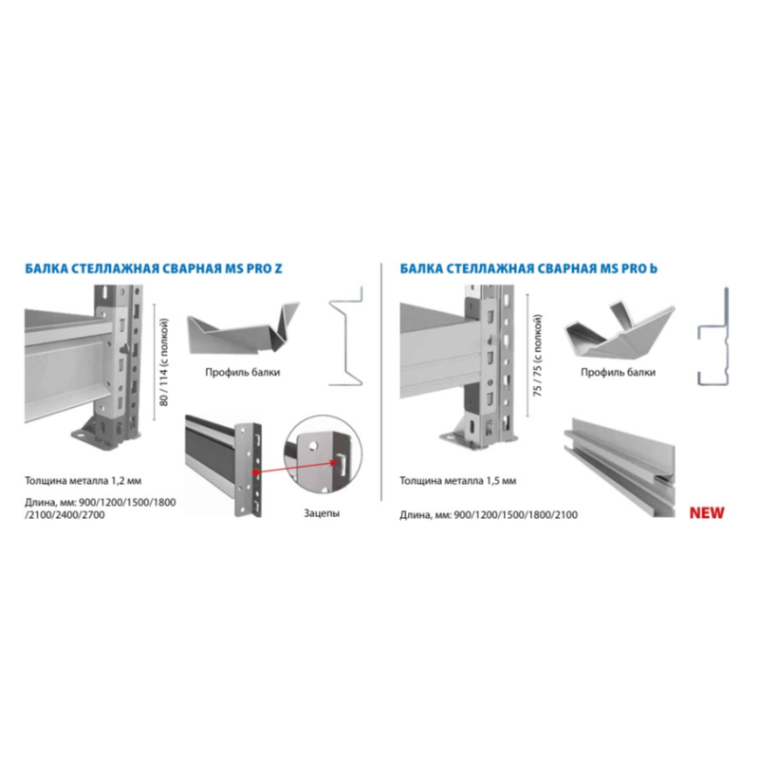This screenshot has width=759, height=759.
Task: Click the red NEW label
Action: pos(707,513)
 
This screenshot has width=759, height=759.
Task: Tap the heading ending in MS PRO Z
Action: pos(154,268)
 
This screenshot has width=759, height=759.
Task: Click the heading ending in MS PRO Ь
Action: pos(528,268)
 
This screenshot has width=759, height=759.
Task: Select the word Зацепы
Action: pos(322,513)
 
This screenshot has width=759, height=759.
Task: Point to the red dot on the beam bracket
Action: pos(255,472)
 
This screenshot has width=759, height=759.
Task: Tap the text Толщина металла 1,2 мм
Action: pos(83,481)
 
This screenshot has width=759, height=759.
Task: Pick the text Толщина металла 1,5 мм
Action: pos(458,481)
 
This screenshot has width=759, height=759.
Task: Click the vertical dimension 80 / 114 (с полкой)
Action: pos(164,362)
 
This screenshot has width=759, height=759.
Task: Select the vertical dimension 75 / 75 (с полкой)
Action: pos(537,356)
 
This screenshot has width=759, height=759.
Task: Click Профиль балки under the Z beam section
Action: pos(243,372)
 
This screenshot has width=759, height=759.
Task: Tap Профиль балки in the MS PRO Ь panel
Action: pos(619,372)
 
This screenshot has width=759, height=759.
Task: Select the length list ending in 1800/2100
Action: pos(489,514)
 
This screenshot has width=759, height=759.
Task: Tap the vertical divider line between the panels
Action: pos(381,381)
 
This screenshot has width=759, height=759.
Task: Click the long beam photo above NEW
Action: pos(620,467)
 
